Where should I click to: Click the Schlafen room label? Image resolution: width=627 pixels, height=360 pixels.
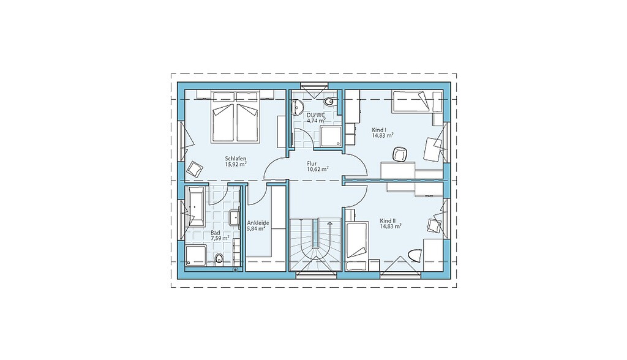click(236, 159)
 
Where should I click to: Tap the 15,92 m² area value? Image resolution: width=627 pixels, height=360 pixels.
click(236, 164)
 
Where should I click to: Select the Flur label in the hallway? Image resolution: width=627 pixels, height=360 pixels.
click(312, 163)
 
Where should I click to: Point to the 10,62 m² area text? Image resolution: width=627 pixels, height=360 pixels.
click(318, 169)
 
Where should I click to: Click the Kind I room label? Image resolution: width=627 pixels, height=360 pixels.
click(378, 130)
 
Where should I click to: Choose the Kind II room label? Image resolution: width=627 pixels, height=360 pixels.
click(388, 221)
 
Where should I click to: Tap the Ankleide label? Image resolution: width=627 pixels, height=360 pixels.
click(258, 223)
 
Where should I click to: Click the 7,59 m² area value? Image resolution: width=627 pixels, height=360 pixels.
click(220, 238)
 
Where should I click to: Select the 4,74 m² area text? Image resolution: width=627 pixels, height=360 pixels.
click(316, 120)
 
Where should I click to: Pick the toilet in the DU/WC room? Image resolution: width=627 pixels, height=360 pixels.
click(329, 103)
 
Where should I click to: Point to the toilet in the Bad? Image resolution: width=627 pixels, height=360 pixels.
click(219, 259)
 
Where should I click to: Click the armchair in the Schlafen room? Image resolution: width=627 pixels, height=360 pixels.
click(195, 169)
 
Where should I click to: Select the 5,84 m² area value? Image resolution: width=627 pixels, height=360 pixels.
click(257, 229)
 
